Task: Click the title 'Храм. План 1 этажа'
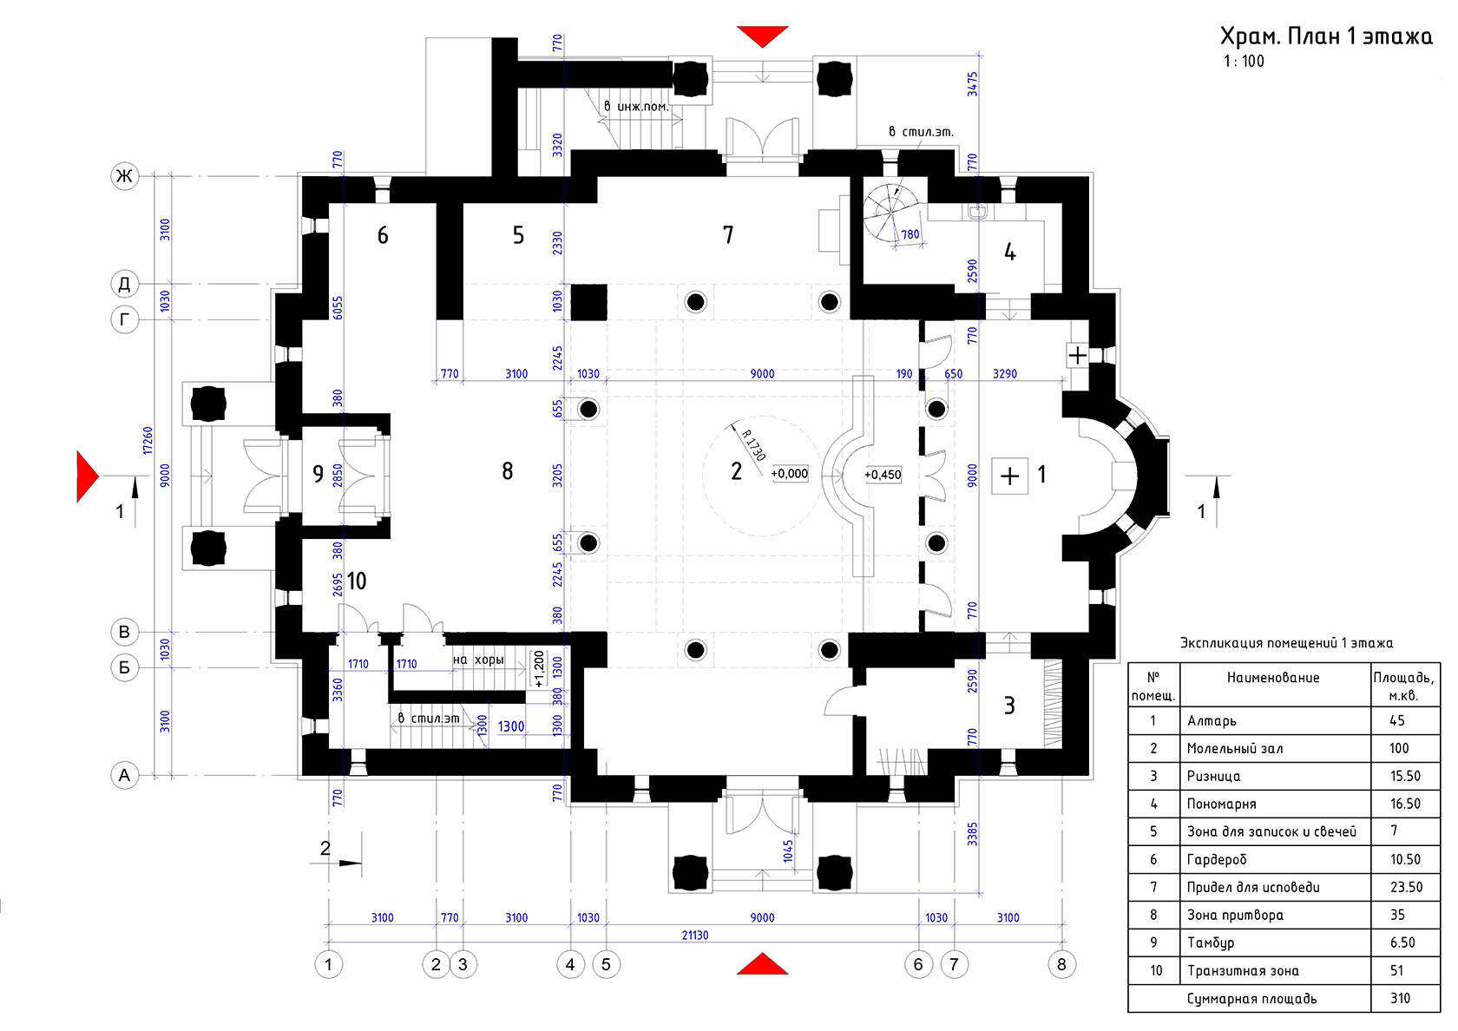click(x=1326, y=36)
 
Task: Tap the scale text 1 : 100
click(x=1244, y=61)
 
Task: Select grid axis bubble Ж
click(x=124, y=175)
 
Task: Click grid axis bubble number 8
click(x=1061, y=964)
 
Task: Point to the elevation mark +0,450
click(x=883, y=475)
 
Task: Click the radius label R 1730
click(x=753, y=445)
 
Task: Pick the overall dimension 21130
click(x=695, y=935)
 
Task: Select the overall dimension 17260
click(x=148, y=441)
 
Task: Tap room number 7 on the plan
click(x=728, y=234)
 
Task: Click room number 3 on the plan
click(x=1009, y=705)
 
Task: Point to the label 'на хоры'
click(x=478, y=660)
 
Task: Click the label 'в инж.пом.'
click(x=636, y=106)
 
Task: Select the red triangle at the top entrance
click(x=763, y=36)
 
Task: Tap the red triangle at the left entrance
click(x=87, y=476)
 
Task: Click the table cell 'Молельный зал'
click(x=1235, y=748)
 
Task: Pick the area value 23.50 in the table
click(x=1406, y=887)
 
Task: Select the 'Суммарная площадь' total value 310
click(x=1400, y=998)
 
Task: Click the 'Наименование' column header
click(x=1273, y=678)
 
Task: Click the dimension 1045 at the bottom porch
click(x=788, y=851)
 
